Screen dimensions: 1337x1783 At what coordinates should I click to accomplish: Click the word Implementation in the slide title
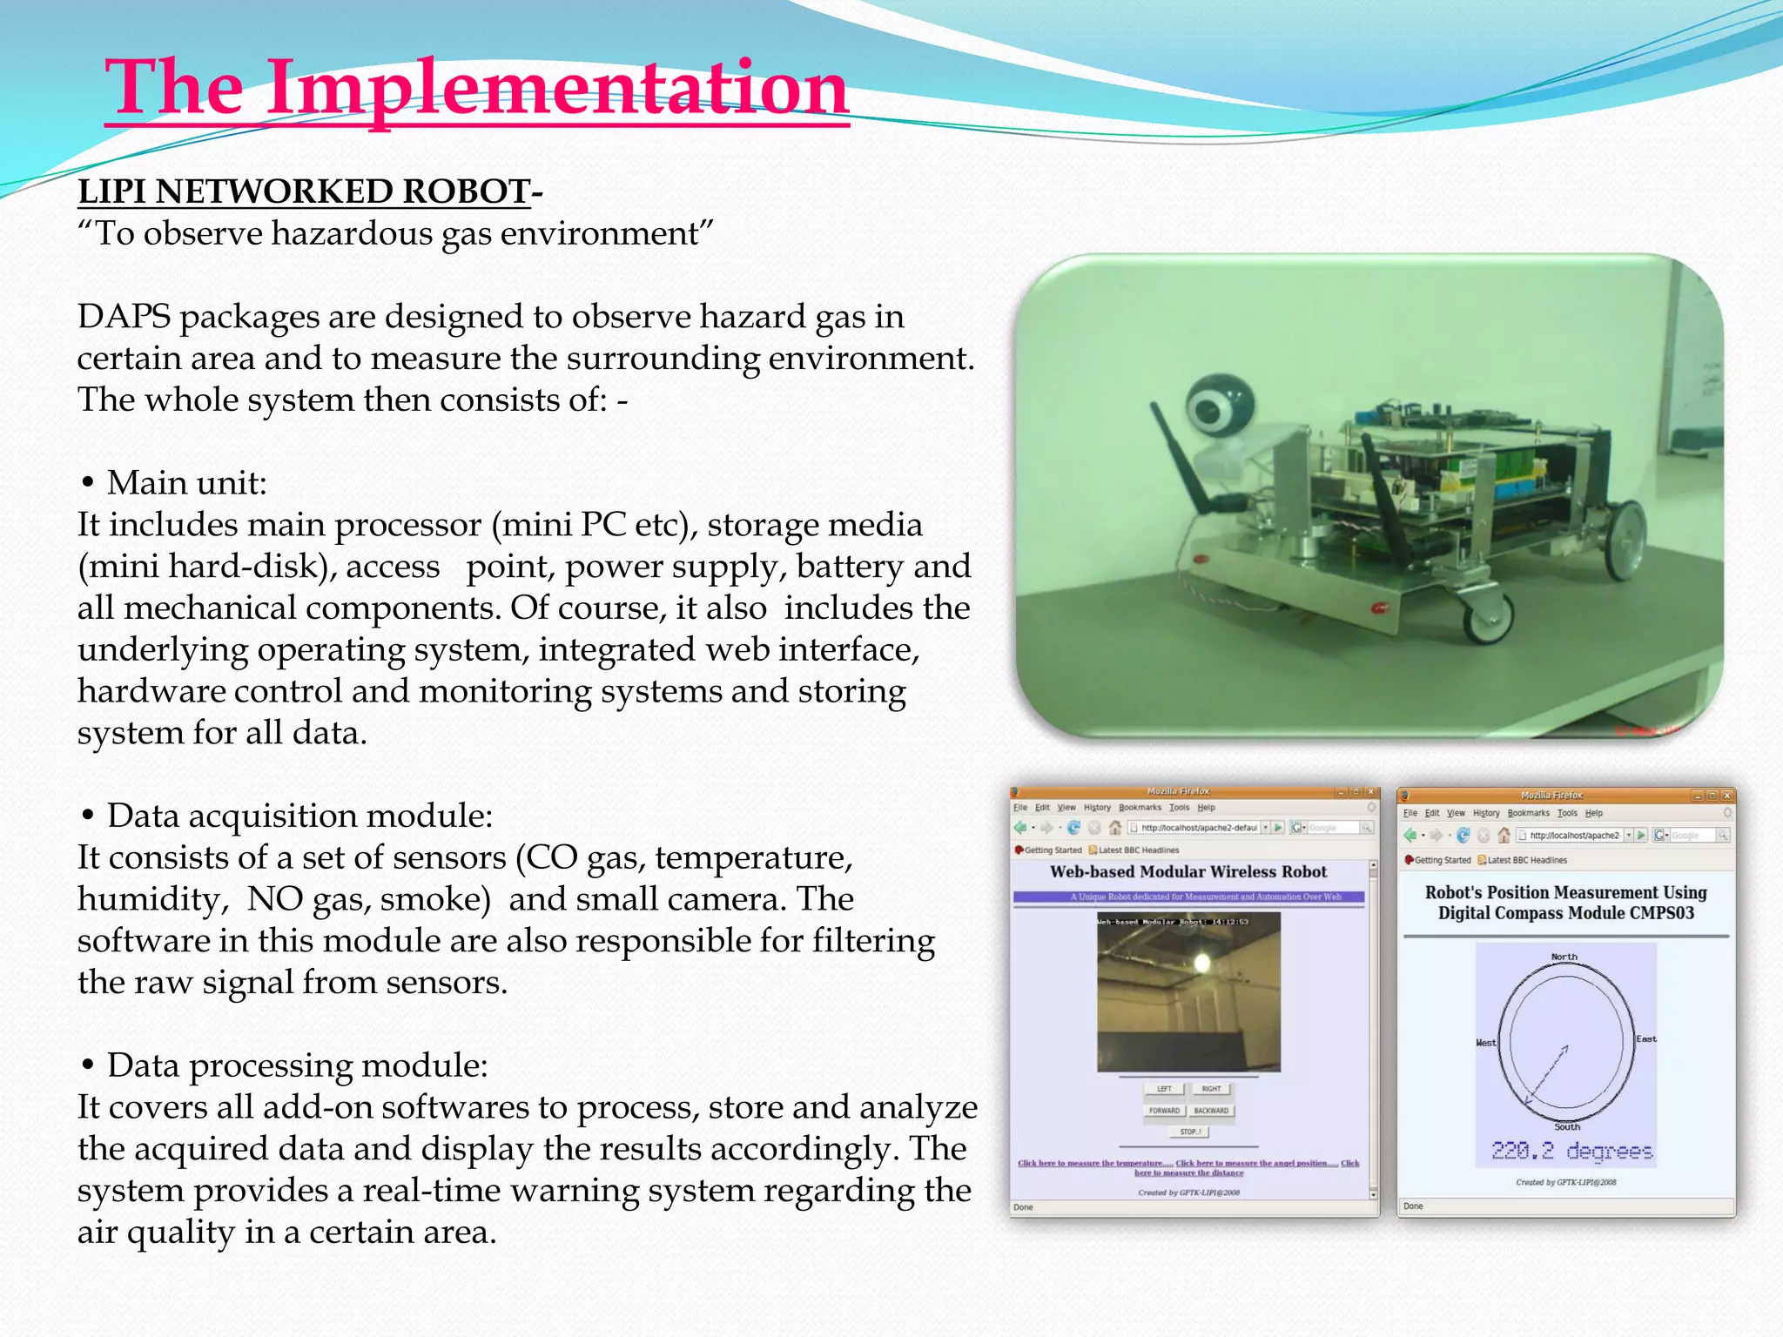click(557, 87)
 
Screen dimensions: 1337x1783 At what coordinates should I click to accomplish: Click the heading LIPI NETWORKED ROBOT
click(304, 191)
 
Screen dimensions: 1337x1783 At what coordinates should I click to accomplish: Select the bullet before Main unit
click(87, 484)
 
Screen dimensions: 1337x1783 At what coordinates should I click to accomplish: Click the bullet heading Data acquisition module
click(299, 816)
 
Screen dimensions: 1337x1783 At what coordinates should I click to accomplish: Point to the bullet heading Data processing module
click(297, 1066)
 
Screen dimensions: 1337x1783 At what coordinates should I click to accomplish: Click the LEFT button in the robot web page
click(1164, 1089)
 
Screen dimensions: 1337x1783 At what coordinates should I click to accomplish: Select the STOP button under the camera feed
click(1189, 1132)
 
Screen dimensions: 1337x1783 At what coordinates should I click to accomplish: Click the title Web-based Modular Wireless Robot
click(1188, 872)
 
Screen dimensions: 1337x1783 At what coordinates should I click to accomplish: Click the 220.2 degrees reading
click(1571, 1151)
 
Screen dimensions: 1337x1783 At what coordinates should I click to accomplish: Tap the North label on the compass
click(1564, 957)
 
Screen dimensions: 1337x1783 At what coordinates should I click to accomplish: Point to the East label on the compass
click(1645, 1039)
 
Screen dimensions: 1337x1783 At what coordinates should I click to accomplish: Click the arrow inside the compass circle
click(1548, 1074)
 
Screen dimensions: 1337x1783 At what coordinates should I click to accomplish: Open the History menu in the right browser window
click(1485, 813)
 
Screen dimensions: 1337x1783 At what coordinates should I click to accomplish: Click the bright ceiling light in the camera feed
click(1202, 962)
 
